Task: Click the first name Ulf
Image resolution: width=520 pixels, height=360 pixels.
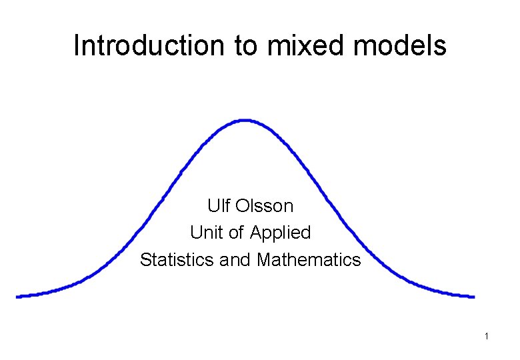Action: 219,205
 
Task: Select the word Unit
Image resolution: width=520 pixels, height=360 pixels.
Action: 204,233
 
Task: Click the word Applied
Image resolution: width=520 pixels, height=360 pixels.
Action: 281,233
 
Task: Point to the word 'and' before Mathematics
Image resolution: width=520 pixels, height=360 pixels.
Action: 236,259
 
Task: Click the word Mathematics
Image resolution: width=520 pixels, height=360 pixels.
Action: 309,259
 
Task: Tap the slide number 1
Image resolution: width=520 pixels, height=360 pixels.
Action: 487,337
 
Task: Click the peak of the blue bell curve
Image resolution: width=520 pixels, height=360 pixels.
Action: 245,121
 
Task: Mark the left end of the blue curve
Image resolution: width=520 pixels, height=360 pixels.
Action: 19,296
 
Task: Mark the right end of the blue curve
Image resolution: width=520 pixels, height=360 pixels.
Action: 473,297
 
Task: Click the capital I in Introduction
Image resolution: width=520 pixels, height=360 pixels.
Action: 77,45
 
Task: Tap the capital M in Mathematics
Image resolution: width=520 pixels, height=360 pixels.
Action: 263,259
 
